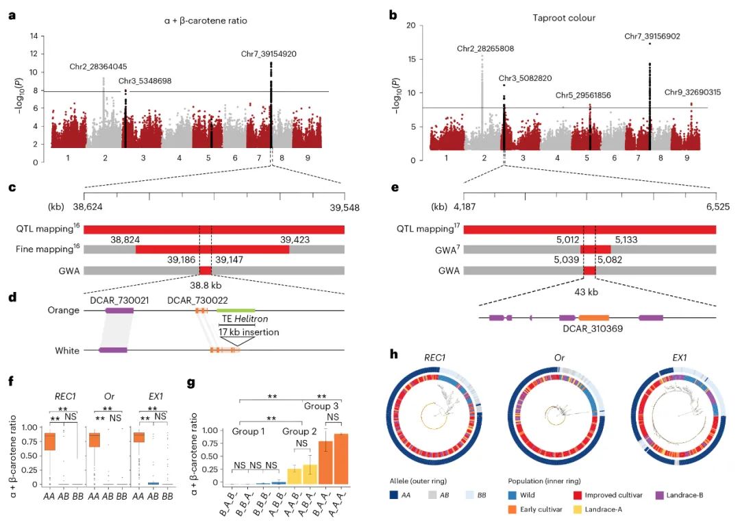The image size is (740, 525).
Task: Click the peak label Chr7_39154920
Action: [x=269, y=53]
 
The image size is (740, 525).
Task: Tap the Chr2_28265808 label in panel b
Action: [x=485, y=49]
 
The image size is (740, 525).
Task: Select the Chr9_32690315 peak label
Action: [x=692, y=92]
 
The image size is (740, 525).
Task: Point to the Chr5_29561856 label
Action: [x=584, y=95]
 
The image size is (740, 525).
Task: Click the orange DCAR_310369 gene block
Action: [x=594, y=318]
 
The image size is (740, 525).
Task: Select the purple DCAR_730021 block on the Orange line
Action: [x=119, y=310]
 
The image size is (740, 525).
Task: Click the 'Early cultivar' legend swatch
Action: [x=513, y=509]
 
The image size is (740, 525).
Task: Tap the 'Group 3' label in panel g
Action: [x=321, y=406]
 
